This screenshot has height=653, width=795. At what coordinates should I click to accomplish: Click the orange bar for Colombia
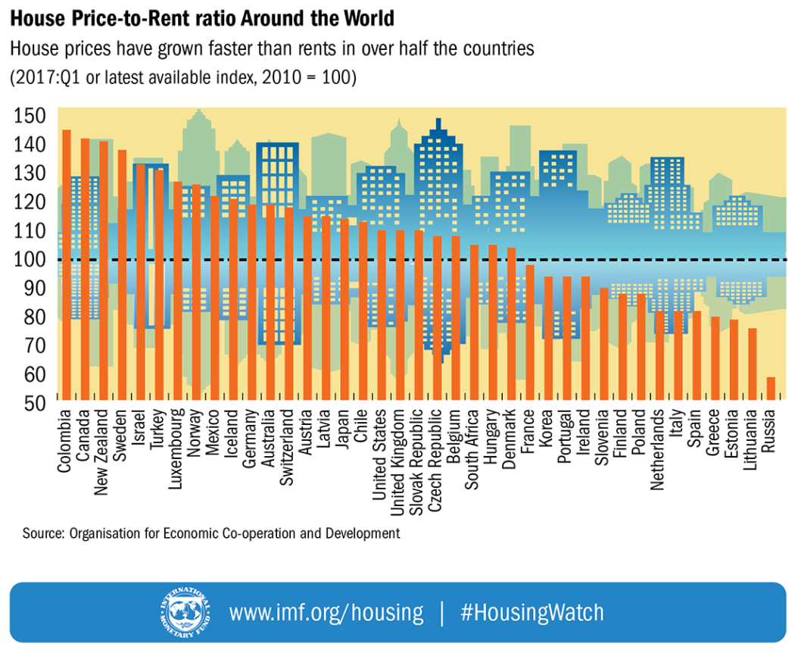click(x=66, y=264)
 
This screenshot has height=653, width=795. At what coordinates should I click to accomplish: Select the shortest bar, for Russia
click(x=771, y=388)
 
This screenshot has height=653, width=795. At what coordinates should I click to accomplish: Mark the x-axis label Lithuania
click(x=750, y=451)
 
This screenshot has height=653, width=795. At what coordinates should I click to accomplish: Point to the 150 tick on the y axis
click(x=30, y=116)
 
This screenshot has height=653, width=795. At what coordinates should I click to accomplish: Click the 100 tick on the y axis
click(x=30, y=260)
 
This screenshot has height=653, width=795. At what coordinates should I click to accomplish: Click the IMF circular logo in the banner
click(x=182, y=611)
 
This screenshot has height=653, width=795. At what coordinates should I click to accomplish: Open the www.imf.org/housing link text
click(x=326, y=612)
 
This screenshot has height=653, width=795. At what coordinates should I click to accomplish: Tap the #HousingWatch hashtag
click(x=532, y=612)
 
